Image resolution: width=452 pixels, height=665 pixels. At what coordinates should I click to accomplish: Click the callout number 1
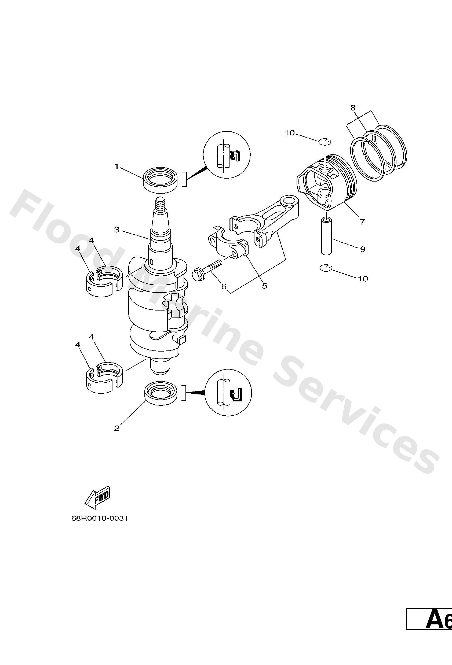tap(116, 166)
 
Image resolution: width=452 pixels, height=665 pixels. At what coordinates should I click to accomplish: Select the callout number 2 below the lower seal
tap(116, 428)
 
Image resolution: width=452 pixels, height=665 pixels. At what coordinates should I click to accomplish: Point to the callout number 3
tap(116, 230)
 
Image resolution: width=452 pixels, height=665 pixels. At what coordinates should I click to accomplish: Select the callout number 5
tap(264, 286)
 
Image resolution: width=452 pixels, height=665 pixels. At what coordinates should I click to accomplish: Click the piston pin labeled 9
tap(326, 235)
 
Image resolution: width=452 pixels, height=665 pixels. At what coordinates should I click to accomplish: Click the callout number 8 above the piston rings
tap(353, 108)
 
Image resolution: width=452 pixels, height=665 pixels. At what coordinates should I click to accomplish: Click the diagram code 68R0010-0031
tap(99, 518)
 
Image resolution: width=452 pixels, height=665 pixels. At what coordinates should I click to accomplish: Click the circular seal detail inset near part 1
tap(227, 155)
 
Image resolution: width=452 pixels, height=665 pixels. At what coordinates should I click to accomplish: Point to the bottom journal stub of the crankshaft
tap(160, 366)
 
